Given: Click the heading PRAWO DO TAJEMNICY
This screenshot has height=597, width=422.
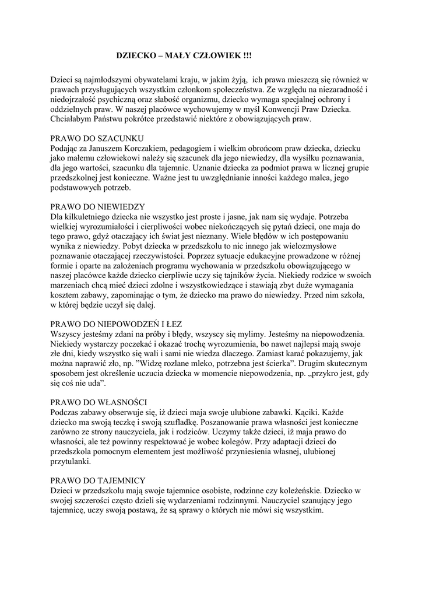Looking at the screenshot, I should coord(97,480).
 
